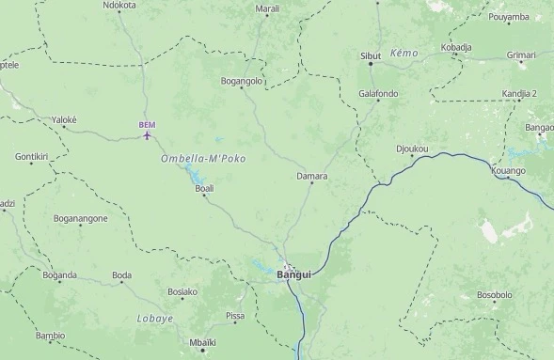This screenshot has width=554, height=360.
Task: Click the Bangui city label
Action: coord(293,274)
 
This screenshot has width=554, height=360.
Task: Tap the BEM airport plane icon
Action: coord(148,136)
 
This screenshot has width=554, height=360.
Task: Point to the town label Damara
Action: coord(312,176)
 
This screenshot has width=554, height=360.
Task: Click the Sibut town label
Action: coord(371,56)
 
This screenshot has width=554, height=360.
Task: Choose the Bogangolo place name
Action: coord(241,82)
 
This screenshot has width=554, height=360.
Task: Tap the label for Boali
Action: coord(204,188)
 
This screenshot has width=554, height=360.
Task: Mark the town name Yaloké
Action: coord(64,120)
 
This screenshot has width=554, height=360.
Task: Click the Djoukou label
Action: coord(412,149)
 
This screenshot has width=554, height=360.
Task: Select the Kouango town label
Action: coord(509,171)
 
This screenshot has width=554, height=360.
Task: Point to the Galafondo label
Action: coord(378,93)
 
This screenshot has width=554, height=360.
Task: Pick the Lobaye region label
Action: coord(155,319)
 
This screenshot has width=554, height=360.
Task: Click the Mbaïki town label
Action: coord(202,342)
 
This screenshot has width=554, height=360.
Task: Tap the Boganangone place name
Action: coord(81,218)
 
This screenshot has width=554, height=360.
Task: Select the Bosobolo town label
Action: coord(494,294)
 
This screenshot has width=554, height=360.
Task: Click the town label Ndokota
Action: coord(119,5)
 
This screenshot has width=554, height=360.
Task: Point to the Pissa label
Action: coord(235,316)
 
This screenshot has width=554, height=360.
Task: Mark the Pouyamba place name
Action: coord(509,17)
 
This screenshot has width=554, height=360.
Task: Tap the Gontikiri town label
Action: coord(31,156)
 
